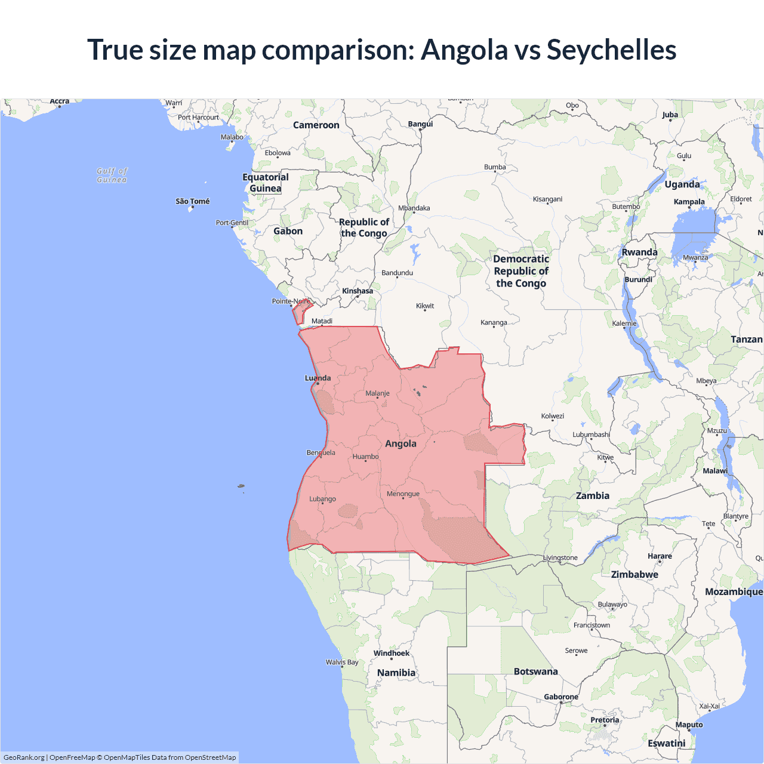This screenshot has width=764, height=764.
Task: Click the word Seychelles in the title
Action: pyautogui.click(x=611, y=50)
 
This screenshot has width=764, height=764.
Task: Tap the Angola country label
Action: pyautogui.click(x=401, y=443)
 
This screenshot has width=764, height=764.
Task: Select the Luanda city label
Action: pyautogui.click(x=318, y=378)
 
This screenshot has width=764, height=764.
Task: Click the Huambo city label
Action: pyautogui.click(x=365, y=457)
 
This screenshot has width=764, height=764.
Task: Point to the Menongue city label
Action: pyautogui.click(x=403, y=494)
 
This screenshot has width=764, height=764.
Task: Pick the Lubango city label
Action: pyautogui.click(x=322, y=499)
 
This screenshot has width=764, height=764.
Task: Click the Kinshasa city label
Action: pyautogui.click(x=358, y=291)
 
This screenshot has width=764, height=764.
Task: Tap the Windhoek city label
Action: pyautogui.click(x=392, y=653)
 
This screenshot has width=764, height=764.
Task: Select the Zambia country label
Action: pyautogui.click(x=592, y=495)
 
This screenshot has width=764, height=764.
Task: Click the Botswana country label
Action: pyautogui.click(x=535, y=671)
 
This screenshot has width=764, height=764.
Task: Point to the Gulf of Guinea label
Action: pyautogui.click(x=112, y=175)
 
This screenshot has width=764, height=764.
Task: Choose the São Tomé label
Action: pyautogui.click(x=192, y=201)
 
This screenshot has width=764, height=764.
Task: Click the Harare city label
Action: pyautogui.click(x=660, y=556)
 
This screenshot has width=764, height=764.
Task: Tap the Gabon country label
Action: pyautogui.click(x=288, y=231)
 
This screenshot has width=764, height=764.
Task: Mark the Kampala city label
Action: pyautogui.click(x=689, y=202)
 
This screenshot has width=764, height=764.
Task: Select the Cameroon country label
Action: pyautogui.click(x=316, y=125)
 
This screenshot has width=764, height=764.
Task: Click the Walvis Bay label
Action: pyautogui.click(x=342, y=662)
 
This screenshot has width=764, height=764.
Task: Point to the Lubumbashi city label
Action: pyautogui.click(x=591, y=435)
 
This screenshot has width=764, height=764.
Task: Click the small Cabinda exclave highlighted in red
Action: pyautogui.click(x=300, y=312)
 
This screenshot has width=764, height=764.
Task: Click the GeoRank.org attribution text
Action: pyautogui.click(x=24, y=757)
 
